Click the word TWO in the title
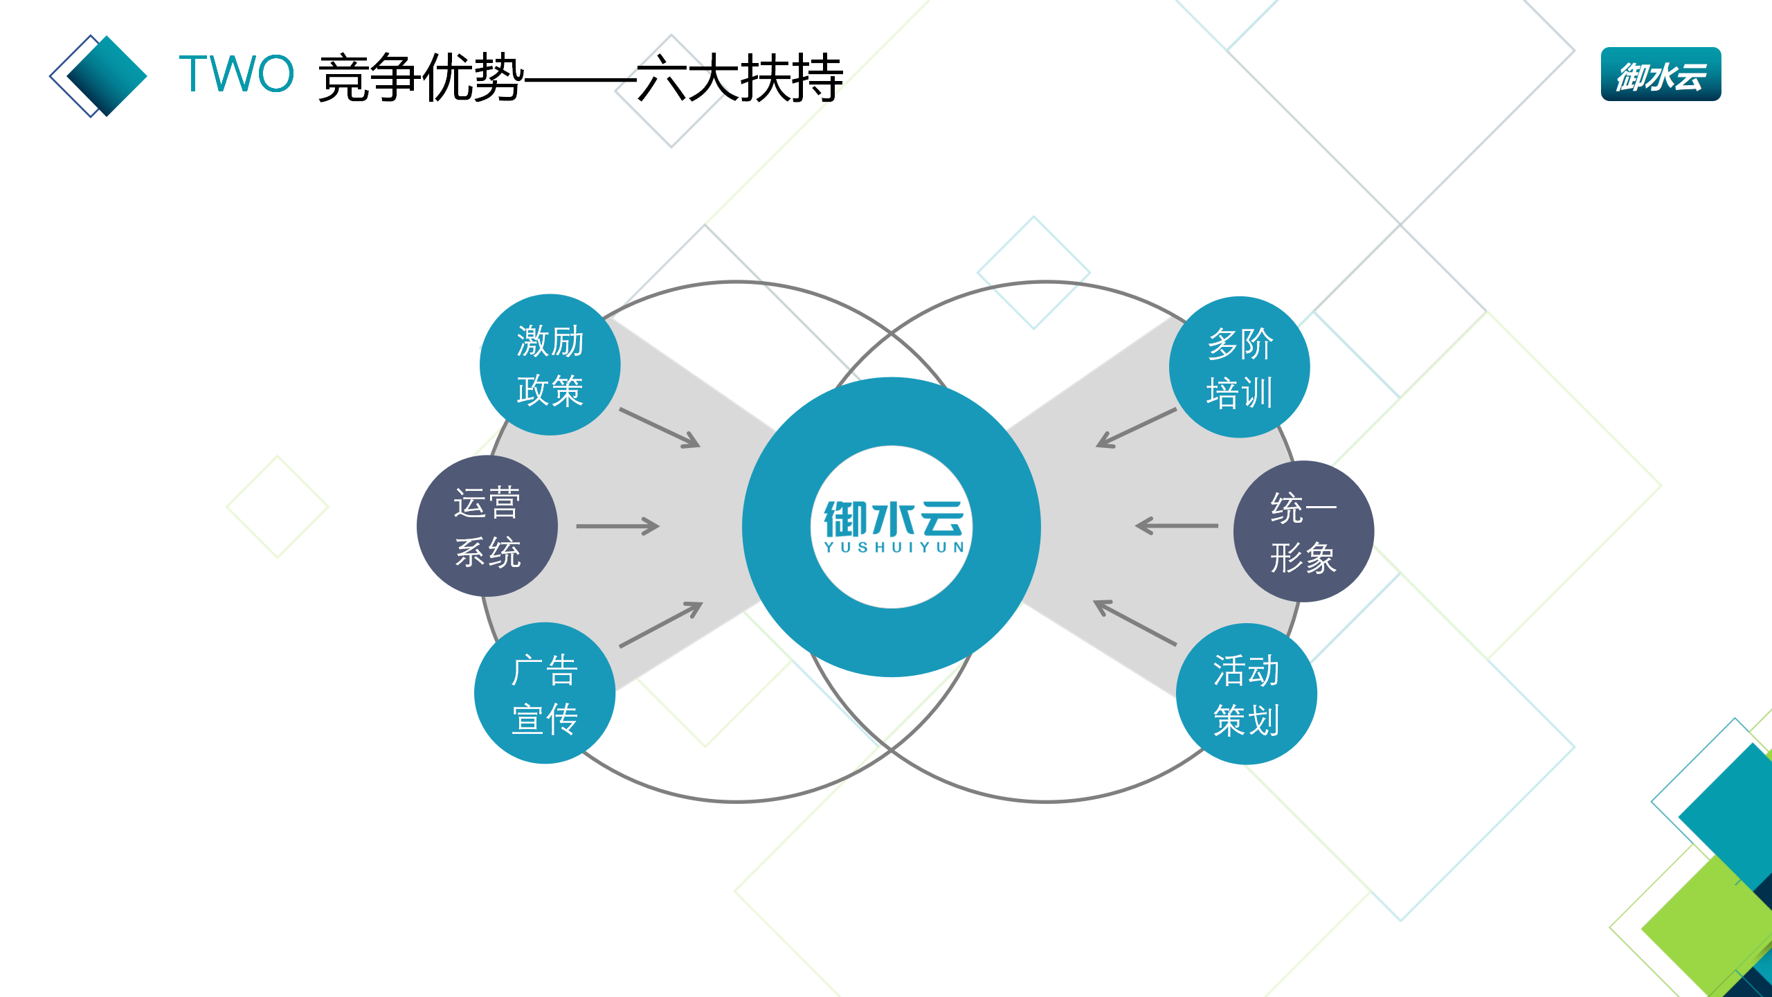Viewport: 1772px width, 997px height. tap(236, 74)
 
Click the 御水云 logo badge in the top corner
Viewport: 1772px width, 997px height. tap(1660, 75)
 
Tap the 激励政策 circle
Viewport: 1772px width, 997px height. tap(550, 365)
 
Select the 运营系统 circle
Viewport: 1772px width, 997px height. tap(487, 526)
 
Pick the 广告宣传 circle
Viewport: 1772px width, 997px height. tap(544, 693)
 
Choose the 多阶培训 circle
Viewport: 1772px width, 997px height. tap(1239, 367)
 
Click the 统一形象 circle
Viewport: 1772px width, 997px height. tap(1303, 532)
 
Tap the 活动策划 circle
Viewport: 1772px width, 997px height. tap(1246, 694)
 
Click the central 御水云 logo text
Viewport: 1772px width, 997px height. tap(892, 519)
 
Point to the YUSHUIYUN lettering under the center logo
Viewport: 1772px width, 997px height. tap(893, 548)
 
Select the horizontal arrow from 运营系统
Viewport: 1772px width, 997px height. tap(617, 526)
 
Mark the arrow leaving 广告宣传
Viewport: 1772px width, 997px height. tap(660, 625)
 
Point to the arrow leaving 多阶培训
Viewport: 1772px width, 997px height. tap(1136, 428)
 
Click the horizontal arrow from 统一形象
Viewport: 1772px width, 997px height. tap(1177, 526)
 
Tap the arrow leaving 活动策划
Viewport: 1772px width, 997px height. tap(1134, 622)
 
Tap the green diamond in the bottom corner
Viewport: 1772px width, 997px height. tap(1710, 928)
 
